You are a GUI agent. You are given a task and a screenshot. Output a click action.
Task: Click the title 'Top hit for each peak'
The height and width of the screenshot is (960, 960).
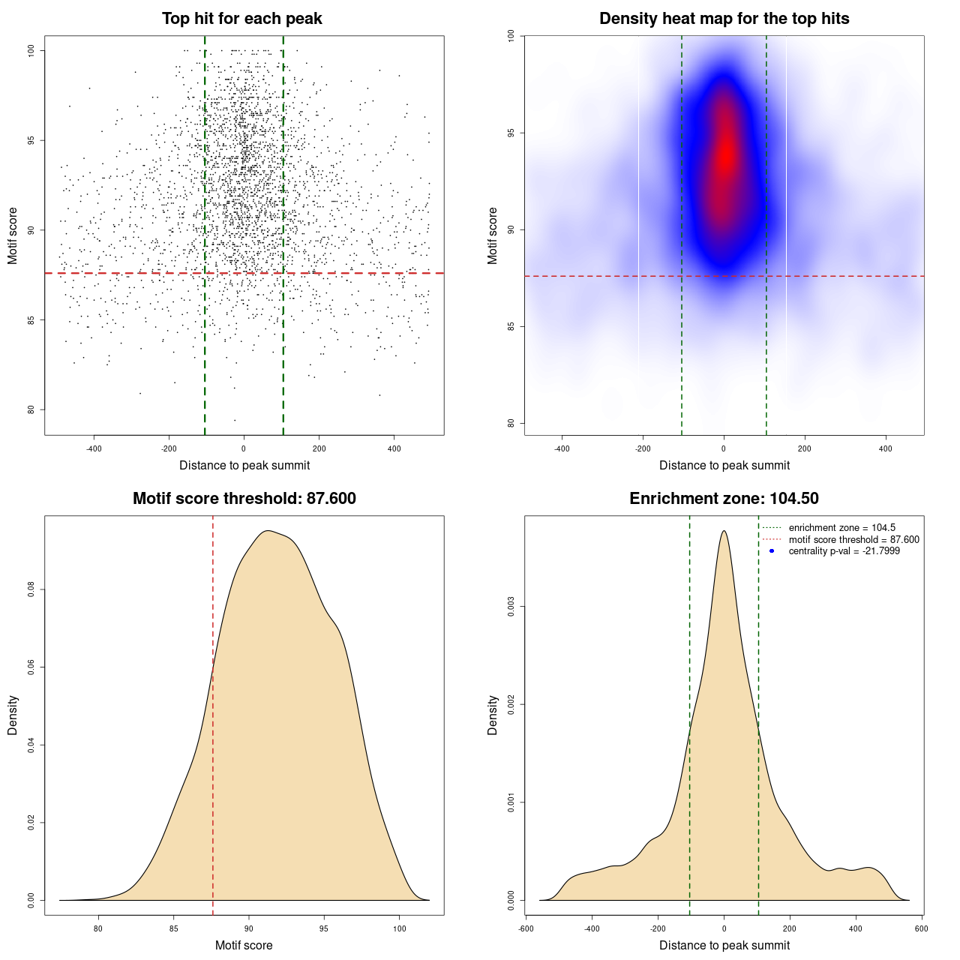coord(241,19)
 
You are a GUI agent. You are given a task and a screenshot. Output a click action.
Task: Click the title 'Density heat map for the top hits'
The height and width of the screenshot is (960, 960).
coord(724,19)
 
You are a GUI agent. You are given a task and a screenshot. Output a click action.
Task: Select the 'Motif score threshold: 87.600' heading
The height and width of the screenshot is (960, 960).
coord(244,499)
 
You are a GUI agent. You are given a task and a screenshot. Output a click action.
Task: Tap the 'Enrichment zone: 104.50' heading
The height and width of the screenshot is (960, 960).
coord(724,499)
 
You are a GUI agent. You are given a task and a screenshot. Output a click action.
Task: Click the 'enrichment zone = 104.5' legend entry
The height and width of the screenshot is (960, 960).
coord(841,528)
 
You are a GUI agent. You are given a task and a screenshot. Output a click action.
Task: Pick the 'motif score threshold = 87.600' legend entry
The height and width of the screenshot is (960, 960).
coord(853,540)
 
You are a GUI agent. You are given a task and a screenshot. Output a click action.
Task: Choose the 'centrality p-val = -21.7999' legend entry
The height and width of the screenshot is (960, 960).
coord(844,551)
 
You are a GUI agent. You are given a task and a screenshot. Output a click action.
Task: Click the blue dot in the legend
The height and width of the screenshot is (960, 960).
coord(772,551)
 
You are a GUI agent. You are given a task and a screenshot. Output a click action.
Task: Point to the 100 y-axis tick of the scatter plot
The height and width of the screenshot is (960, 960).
coord(31,50)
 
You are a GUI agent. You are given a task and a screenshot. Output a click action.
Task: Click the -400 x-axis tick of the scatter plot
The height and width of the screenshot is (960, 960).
coord(94,448)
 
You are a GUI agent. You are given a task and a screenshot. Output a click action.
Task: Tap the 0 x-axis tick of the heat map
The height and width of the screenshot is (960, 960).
coord(724,448)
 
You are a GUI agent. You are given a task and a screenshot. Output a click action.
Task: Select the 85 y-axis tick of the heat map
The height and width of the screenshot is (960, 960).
coord(511,326)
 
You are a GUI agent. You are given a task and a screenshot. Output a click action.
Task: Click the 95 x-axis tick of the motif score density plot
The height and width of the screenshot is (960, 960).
coord(324,928)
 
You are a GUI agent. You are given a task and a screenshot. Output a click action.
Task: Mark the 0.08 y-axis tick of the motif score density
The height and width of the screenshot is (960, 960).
coord(31,590)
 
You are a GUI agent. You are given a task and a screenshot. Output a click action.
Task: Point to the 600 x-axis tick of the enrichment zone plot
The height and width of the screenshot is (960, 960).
coord(922,928)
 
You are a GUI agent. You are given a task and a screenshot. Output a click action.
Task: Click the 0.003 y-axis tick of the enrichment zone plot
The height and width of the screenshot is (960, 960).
coord(511,607)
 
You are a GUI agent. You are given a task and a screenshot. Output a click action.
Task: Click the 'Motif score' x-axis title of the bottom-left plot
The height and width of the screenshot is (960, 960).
coord(244,946)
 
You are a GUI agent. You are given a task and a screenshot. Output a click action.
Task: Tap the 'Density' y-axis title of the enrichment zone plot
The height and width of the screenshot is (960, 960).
coord(493,715)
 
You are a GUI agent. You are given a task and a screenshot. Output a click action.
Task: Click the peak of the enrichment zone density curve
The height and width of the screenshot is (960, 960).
coord(724,531)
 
